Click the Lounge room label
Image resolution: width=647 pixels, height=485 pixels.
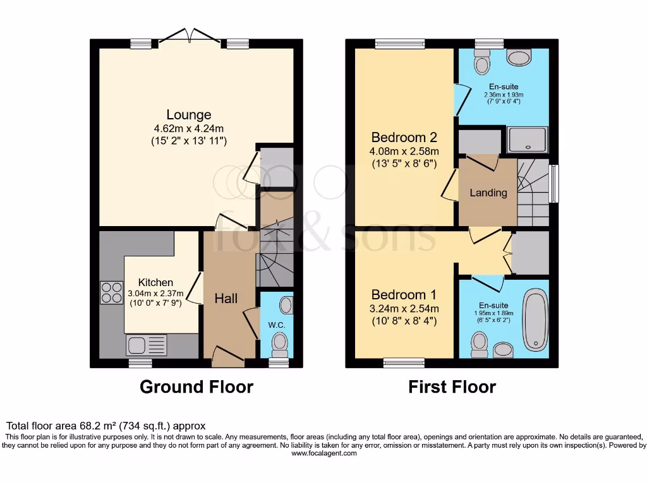[188, 115]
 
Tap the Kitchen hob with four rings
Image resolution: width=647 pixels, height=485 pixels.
[111, 292]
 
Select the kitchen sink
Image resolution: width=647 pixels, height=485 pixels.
[147, 345]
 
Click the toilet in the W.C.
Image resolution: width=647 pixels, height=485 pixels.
[279, 345]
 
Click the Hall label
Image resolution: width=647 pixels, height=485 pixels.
[226, 298]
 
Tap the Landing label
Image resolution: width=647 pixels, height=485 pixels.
[488, 193]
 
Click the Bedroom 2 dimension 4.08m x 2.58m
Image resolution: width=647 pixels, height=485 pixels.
[404, 151]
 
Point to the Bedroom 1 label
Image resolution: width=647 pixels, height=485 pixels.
[404, 295]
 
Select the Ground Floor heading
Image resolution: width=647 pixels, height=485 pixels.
[196, 386]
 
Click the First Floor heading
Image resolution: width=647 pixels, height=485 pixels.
[452, 386]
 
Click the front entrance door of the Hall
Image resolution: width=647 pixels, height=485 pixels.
[227, 357]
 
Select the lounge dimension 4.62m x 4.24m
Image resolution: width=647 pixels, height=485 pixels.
[188, 128]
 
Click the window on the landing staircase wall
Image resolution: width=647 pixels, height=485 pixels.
[553, 184]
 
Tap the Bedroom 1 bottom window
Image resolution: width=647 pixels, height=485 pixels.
[403, 362]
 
